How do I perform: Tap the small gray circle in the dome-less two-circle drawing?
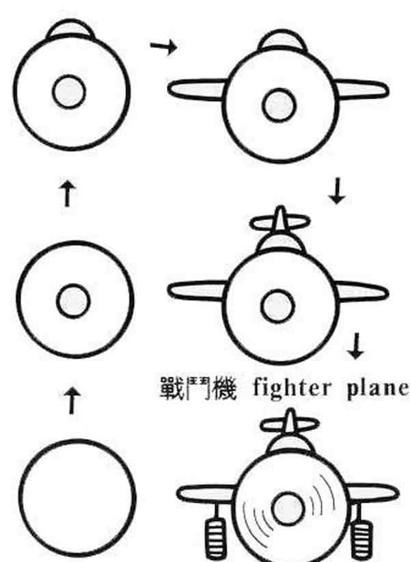coord(73,301)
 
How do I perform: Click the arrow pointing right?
coord(163,46)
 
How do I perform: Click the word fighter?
coord(292,388)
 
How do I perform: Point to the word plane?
coord(378,389)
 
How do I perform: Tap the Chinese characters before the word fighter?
coord(198,388)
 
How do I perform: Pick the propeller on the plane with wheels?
coord(289,424)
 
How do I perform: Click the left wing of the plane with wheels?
coord(206,494)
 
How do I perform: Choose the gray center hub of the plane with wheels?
coord(288,509)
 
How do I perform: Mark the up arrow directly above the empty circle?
coord(72,401)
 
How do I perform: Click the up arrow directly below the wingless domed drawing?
coord(67,193)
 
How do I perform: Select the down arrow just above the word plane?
coord(355,346)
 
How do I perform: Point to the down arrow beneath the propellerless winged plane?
coord(337,191)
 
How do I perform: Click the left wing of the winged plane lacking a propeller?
coord(197,90)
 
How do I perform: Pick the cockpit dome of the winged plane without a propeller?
coord(282,40)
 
